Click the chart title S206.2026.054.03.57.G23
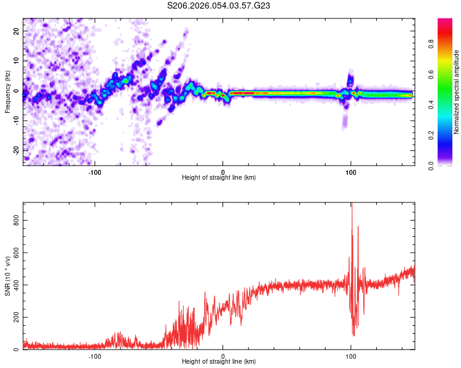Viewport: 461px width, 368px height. pyautogui.click(x=219, y=6)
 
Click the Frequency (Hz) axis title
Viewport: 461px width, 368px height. pyautogui.click(x=7, y=91)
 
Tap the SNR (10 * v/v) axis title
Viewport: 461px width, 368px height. pyautogui.click(x=7, y=276)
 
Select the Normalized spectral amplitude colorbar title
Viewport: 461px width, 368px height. pyautogui.click(x=457, y=92)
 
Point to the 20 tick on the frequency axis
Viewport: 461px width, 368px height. pyautogui.click(x=17, y=31)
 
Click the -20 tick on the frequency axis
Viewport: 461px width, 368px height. pyautogui.click(x=16, y=150)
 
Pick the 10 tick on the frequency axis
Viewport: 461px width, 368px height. pyautogui.click(x=17, y=61)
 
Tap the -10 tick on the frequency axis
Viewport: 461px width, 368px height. pyautogui.click(x=16, y=121)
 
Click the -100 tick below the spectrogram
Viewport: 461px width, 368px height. pyautogui.click(x=95, y=172)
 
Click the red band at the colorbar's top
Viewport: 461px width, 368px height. pyautogui.click(x=444, y=22)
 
